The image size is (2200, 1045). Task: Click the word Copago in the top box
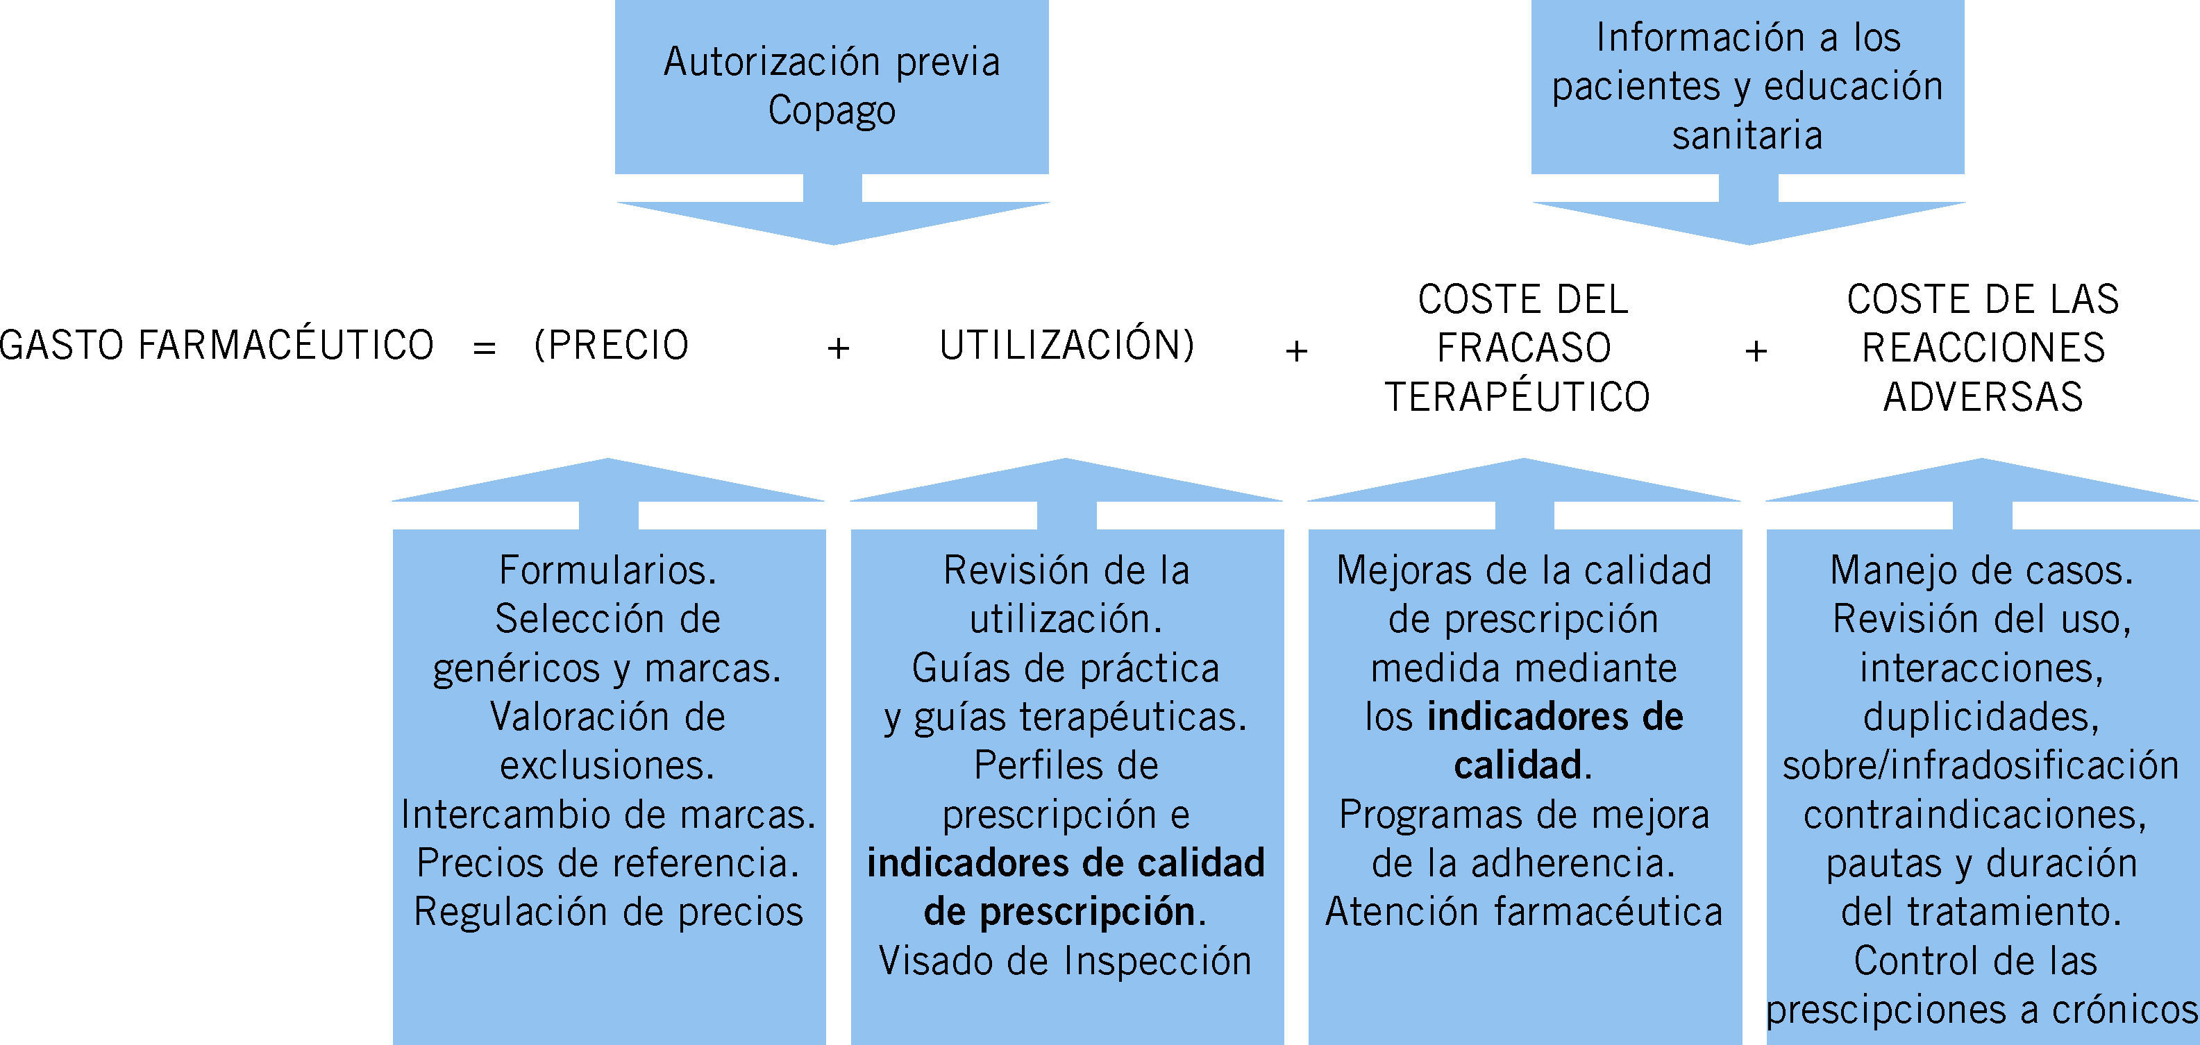(831, 111)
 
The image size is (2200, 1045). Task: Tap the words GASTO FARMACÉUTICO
(217, 346)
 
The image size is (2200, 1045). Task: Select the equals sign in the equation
(485, 348)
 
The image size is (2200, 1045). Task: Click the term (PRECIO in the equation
(612, 346)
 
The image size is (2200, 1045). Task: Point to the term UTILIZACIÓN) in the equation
(1067, 346)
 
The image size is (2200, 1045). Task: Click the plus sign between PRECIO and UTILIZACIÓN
(839, 348)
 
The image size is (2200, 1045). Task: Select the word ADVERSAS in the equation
(1983, 397)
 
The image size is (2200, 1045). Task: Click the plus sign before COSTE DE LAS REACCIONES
(1756, 350)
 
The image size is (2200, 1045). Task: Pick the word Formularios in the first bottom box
(607, 570)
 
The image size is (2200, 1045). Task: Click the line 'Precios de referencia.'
(607, 863)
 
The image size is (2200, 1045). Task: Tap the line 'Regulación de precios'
(608, 912)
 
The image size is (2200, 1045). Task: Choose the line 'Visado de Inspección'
(1065, 961)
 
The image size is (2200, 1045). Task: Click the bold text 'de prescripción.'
(1065, 912)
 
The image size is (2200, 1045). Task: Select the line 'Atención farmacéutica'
(1524, 912)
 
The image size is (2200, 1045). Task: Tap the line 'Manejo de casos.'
(1981, 570)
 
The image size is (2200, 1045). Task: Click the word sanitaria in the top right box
(1747, 135)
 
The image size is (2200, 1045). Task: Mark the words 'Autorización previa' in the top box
(831, 62)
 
